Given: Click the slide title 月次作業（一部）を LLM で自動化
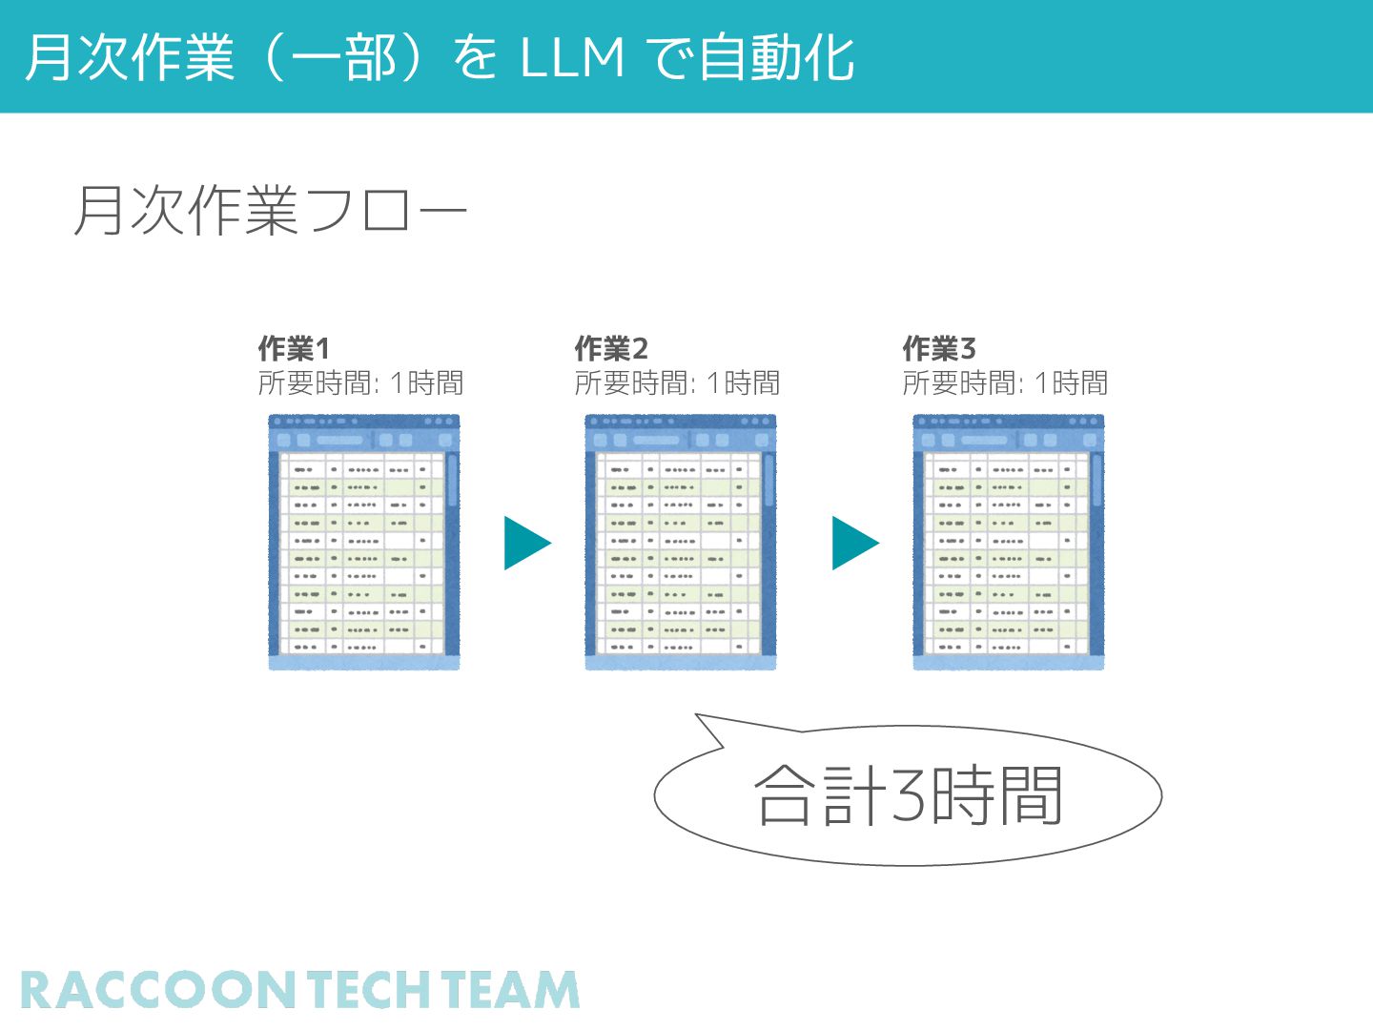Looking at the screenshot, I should [x=439, y=57].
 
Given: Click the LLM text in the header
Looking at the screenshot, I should [x=572, y=57].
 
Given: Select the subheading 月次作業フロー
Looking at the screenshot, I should [x=270, y=211].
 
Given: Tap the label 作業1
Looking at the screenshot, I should [x=294, y=348].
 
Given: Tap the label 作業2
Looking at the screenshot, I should [x=611, y=348].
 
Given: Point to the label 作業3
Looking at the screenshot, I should [x=939, y=348].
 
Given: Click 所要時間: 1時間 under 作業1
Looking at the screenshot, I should [x=360, y=383].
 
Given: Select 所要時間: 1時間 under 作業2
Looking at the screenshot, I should [x=677, y=383].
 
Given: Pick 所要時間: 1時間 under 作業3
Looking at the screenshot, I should [x=1005, y=383].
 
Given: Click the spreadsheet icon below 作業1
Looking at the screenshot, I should [x=363, y=542].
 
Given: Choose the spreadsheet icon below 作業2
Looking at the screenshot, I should [x=680, y=542].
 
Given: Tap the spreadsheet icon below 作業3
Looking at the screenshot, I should [x=1008, y=542].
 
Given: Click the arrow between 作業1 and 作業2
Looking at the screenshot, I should [x=526, y=544].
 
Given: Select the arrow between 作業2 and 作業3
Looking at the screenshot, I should [x=854, y=544].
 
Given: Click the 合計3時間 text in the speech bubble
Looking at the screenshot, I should [x=908, y=795].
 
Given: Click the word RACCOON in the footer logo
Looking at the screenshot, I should [x=158, y=991].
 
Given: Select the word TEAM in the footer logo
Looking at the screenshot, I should [x=511, y=991].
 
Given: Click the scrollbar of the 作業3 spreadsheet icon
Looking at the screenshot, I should [x=1096, y=482].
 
